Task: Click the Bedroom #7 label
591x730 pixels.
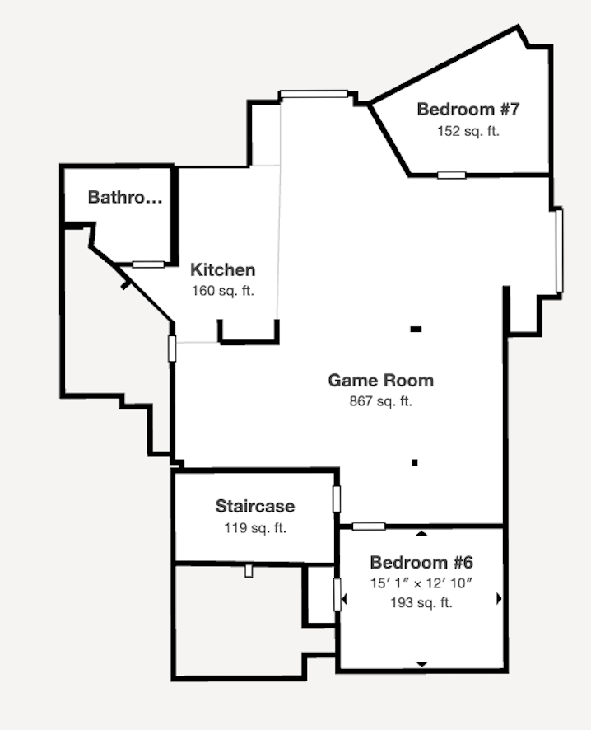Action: [x=468, y=110]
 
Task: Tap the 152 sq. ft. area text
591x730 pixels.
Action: [x=468, y=131]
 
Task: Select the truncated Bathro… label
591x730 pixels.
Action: [x=125, y=197]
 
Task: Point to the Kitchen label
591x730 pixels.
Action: [x=223, y=269]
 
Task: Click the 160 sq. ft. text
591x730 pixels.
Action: [x=223, y=291]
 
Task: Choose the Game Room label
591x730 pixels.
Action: [x=381, y=381]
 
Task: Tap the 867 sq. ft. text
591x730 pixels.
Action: [x=381, y=401]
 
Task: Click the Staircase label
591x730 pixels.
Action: [x=255, y=506]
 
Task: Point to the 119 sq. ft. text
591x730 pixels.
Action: [x=255, y=528]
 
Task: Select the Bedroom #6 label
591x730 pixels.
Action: [x=421, y=563]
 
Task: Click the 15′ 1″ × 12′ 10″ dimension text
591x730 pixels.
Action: [x=421, y=583]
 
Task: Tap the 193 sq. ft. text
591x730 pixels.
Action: [x=421, y=603]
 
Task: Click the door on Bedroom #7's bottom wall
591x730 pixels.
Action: [x=452, y=175]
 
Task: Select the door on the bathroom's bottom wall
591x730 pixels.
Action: [x=148, y=264]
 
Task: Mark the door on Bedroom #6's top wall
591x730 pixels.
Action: [x=369, y=526]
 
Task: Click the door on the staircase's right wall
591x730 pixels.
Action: [x=336, y=499]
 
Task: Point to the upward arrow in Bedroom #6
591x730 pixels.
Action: [x=421, y=533]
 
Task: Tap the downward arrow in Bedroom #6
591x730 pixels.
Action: [x=421, y=664]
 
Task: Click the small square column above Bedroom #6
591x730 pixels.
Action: [x=414, y=462]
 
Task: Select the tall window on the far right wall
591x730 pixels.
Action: [x=560, y=251]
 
